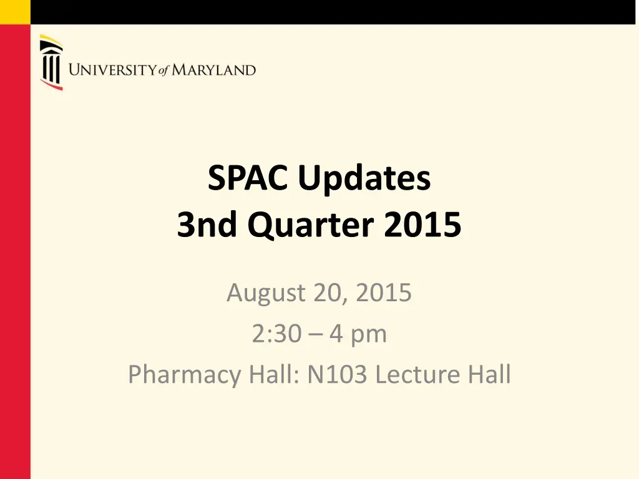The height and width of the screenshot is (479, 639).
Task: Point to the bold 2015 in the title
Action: pyautogui.click(x=422, y=226)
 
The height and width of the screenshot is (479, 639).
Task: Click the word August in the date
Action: pyautogui.click(x=265, y=293)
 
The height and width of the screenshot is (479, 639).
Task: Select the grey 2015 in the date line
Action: pyautogui.click(x=384, y=293)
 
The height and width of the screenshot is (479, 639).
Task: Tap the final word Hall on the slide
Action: pyautogui.click(x=489, y=375)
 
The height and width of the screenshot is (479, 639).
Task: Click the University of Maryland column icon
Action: pyautogui.click(x=51, y=62)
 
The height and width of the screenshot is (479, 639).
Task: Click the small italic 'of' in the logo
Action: pyautogui.click(x=163, y=71)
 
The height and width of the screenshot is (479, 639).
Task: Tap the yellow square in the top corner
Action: pyautogui.click(x=15, y=12)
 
